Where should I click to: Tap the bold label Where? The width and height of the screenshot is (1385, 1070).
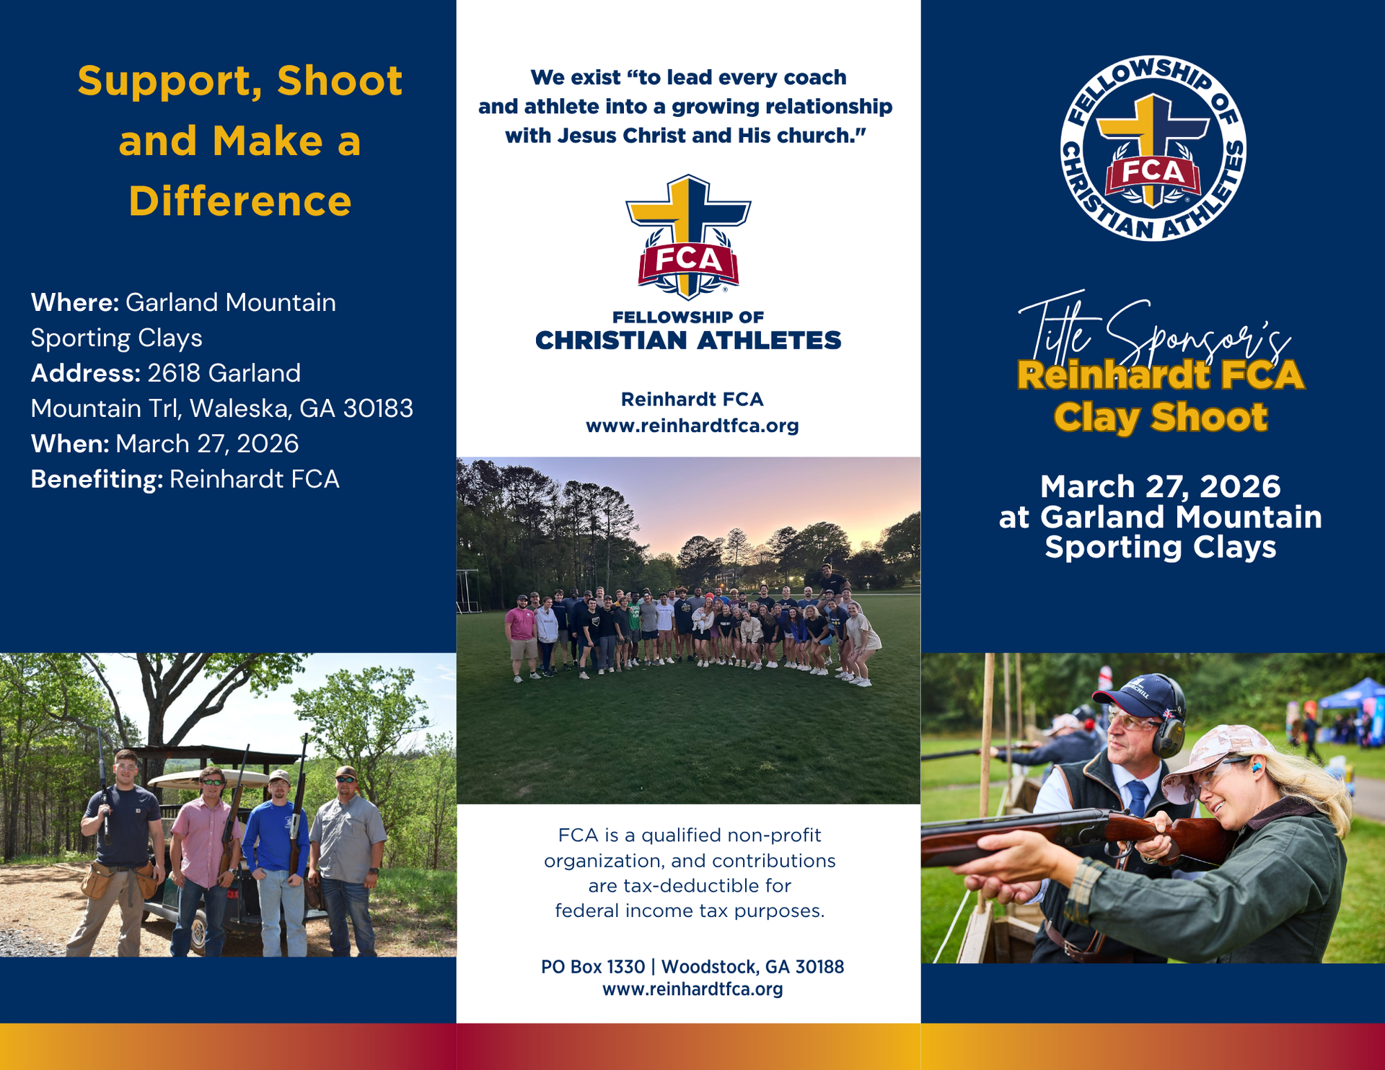(x=75, y=302)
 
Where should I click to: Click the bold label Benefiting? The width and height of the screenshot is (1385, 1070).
(x=97, y=480)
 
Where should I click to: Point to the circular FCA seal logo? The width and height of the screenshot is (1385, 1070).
(x=1153, y=148)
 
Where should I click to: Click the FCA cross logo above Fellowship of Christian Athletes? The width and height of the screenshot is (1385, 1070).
(x=688, y=237)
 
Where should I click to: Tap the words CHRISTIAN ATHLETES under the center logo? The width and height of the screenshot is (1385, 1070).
(x=688, y=341)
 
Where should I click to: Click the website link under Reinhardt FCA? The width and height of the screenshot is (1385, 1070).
(x=692, y=426)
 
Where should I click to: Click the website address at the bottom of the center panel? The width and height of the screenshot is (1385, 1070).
(x=692, y=989)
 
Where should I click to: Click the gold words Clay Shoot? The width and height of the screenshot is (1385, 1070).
(x=1160, y=418)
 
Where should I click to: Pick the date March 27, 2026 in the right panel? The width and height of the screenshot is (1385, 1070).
(x=1160, y=486)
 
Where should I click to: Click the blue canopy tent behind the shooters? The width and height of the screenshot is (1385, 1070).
(x=1353, y=696)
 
